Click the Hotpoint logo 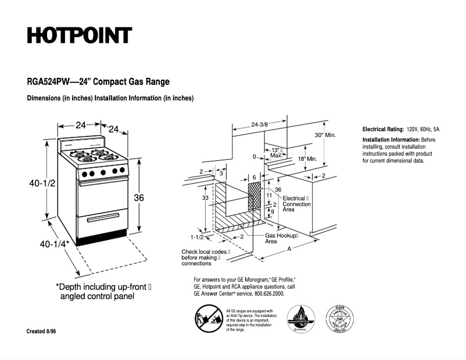(x=80, y=35)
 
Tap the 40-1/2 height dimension (x=42, y=183)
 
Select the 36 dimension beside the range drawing (x=139, y=197)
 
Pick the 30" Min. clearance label (x=325, y=135)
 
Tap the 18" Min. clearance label (x=307, y=159)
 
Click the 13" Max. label (x=277, y=153)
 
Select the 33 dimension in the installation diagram (x=205, y=198)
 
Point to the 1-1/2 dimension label (x=197, y=237)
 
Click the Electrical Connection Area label (x=296, y=204)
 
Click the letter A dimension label (x=289, y=249)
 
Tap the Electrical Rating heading (x=383, y=129)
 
